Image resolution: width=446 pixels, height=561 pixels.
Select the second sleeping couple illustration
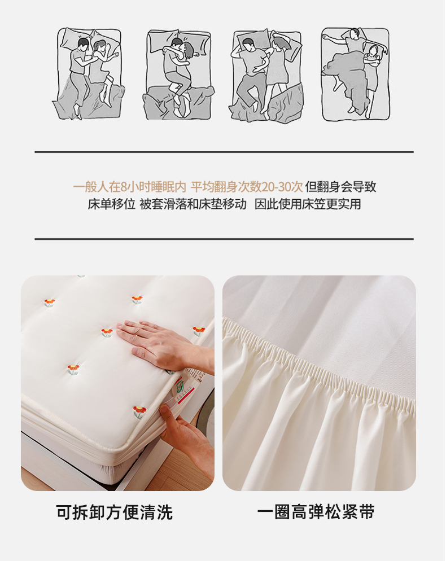tap(178, 74)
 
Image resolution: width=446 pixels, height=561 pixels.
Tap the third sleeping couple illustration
tap(267, 76)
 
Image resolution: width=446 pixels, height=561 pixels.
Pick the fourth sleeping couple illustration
tap(355, 74)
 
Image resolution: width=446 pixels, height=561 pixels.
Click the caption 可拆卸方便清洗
tap(115, 512)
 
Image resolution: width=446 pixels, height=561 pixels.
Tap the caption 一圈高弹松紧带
tap(316, 512)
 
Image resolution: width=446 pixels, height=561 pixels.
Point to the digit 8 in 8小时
tap(124, 187)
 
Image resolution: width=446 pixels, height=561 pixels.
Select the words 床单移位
tap(112, 204)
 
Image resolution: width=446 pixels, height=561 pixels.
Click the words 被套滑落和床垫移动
tap(193, 204)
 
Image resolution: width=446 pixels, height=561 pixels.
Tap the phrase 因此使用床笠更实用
tap(308, 204)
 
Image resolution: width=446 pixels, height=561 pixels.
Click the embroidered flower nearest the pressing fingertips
tap(107, 333)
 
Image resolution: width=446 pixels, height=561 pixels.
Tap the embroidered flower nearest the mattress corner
tap(139, 412)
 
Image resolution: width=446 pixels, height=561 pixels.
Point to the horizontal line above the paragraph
tap(224, 152)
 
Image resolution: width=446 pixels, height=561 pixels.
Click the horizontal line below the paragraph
tap(224, 239)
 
